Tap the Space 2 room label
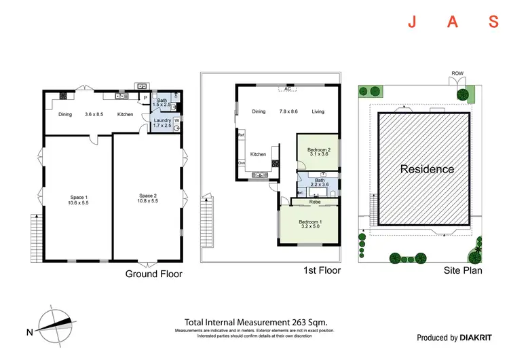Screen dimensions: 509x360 pyautogui.click(x=148, y=198)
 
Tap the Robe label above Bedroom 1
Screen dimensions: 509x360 pyautogui.click(x=315, y=202)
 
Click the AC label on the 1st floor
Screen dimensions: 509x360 pyautogui.click(x=288, y=89)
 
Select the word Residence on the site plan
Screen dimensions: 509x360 pyautogui.click(x=426, y=169)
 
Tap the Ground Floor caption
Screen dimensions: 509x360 pyautogui.click(x=154, y=274)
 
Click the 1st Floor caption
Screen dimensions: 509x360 pyautogui.click(x=322, y=270)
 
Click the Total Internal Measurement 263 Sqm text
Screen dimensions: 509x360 pyautogui.click(x=257, y=322)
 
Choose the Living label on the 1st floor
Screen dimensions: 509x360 pyautogui.click(x=318, y=111)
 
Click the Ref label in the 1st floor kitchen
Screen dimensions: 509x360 pyautogui.click(x=240, y=135)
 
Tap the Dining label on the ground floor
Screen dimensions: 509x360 pyautogui.click(x=65, y=114)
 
